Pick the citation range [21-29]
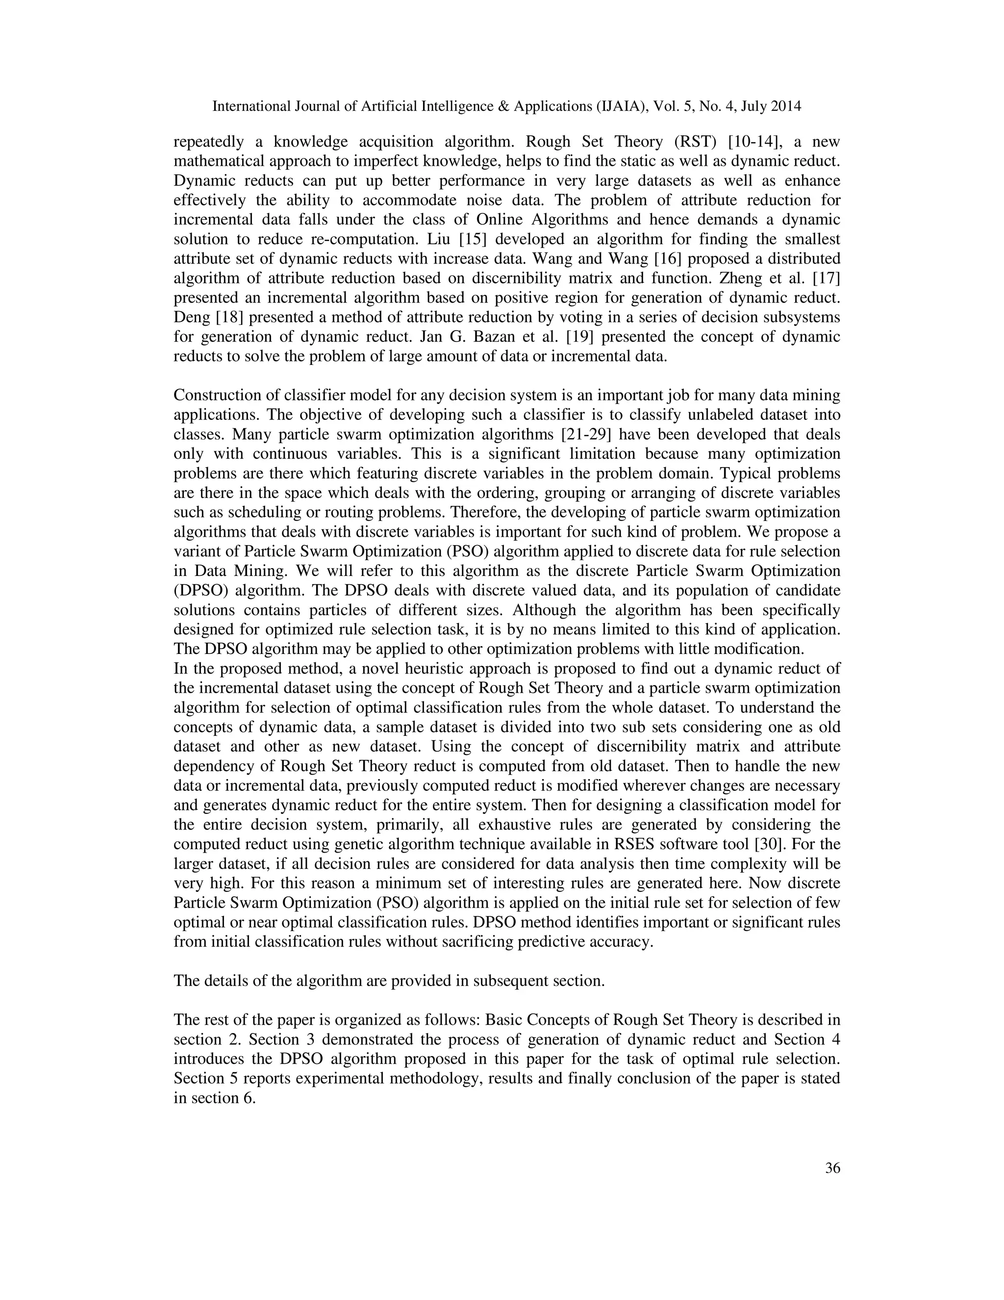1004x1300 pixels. coord(586,435)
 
